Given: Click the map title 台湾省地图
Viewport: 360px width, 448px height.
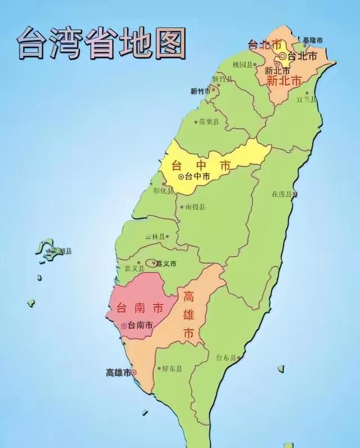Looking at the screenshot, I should [x=102, y=44].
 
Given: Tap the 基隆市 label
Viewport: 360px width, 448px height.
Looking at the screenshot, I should [x=313, y=41].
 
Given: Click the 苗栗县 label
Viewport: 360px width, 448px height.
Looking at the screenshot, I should [x=209, y=122].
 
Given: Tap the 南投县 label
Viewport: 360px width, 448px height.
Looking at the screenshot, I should [x=195, y=207].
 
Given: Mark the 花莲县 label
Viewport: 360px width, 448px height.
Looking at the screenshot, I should [x=282, y=194].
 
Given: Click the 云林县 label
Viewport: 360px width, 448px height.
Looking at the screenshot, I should [x=155, y=237].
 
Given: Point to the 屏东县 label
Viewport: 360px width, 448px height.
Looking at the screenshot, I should [x=171, y=369].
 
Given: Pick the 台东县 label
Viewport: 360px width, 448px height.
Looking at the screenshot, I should [x=227, y=357].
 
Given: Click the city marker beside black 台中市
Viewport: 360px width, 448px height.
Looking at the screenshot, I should [x=181, y=176].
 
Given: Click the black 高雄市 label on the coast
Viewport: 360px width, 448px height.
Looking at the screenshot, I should [x=118, y=373].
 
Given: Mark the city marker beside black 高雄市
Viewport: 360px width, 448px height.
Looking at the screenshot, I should [x=134, y=373].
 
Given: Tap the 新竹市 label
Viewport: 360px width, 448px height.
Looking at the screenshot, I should [x=200, y=91].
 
